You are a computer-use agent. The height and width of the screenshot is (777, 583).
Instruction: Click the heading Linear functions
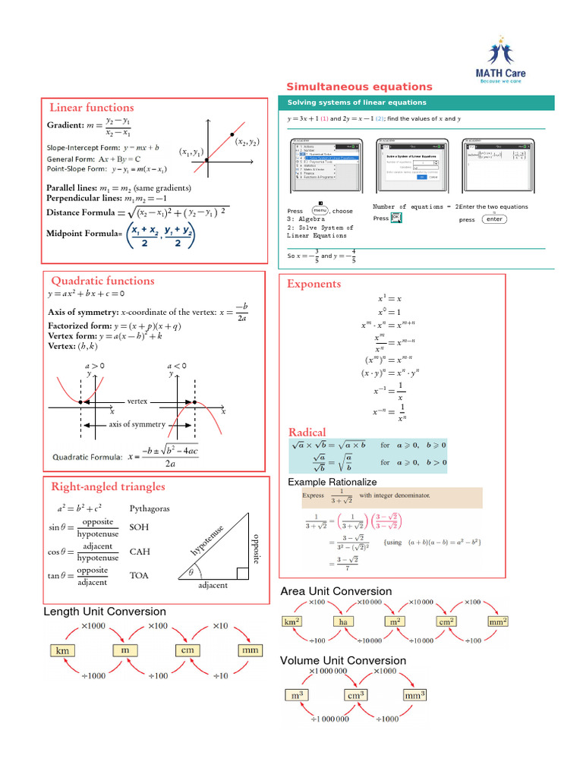click(x=91, y=108)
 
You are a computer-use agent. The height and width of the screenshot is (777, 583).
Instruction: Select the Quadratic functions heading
click(x=102, y=281)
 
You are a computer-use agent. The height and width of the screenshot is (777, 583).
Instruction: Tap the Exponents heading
click(x=314, y=284)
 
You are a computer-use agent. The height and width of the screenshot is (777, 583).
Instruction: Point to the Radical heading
click(x=307, y=433)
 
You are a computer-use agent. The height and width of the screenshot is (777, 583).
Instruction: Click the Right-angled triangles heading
click(x=108, y=486)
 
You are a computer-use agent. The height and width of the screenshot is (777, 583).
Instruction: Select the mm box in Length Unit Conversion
click(x=250, y=650)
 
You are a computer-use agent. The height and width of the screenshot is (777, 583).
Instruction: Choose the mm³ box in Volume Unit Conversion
click(x=414, y=694)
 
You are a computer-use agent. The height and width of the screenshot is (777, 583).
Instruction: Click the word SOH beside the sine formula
click(x=140, y=527)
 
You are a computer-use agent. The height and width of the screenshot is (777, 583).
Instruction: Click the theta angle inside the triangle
click(x=191, y=571)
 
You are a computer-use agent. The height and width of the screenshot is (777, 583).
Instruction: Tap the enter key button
click(x=494, y=219)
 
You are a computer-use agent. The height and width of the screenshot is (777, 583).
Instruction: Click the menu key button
click(x=319, y=211)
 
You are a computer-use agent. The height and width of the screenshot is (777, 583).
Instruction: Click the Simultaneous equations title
click(x=359, y=87)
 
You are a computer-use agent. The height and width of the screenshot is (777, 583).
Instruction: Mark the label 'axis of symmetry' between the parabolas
click(x=137, y=424)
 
